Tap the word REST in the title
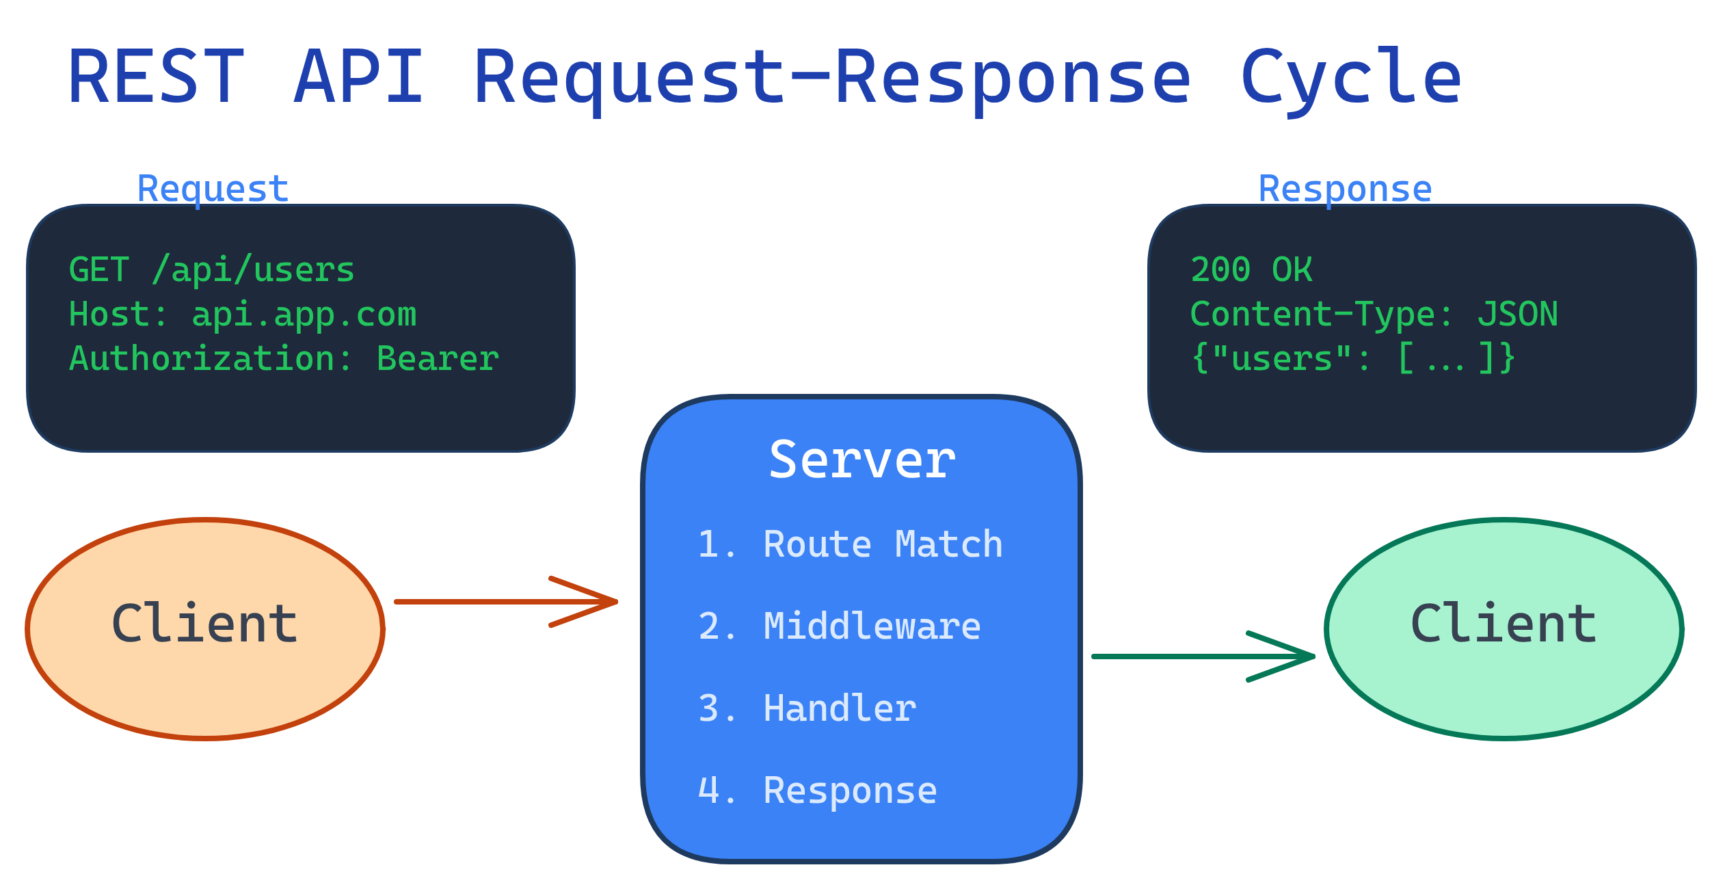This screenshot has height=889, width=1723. pyautogui.click(x=156, y=77)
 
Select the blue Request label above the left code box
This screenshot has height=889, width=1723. pyautogui.click(x=213, y=189)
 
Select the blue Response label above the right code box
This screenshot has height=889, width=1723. pyautogui.click(x=1345, y=189)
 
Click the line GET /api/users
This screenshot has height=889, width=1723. pyautogui.click(x=212, y=269)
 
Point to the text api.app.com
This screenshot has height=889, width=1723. pyautogui.click(x=304, y=315)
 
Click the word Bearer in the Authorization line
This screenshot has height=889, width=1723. pyautogui.click(x=438, y=359)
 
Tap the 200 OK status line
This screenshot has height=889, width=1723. pyautogui.click(x=1251, y=269)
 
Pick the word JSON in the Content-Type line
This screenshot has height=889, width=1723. pyautogui.click(x=1517, y=315)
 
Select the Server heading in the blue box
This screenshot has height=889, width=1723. pyautogui.click(x=861, y=460)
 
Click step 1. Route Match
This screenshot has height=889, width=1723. pyautogui.click(x=850, y=544)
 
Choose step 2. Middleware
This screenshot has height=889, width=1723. pyautogui.click(x=839, y=626)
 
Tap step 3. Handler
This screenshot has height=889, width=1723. pyautogui.click(x=807, y=708)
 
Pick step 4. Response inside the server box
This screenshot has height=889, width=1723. pyautogui.click(x=817, y=791)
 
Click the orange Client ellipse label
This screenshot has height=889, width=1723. pyautogui.click(x=204, y=624)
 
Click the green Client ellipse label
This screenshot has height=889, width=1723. pyautogui.click(x=1504, y=624)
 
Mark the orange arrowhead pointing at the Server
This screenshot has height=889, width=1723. pyautogui.click(x=602, y=602)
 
